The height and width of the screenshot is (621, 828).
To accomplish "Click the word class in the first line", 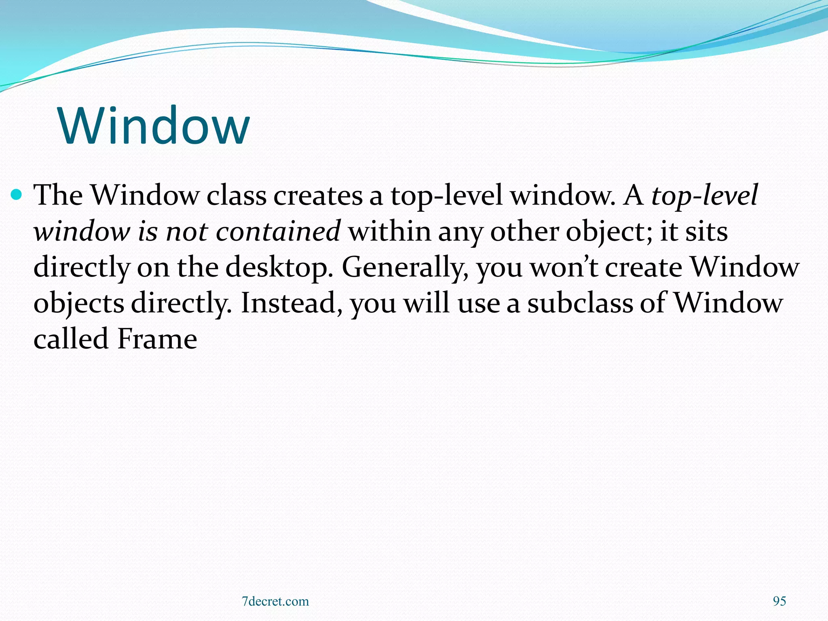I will tap(237, 196).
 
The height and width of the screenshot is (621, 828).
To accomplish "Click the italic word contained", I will tap(278, 232).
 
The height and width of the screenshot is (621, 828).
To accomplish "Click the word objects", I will tap(79, 303).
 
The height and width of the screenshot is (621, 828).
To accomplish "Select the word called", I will tap(71, 338).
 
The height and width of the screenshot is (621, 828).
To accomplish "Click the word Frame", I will tap(157, 338).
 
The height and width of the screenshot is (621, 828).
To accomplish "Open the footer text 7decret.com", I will tap(275, 601).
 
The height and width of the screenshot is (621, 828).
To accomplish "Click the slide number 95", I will tap(779, 601).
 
